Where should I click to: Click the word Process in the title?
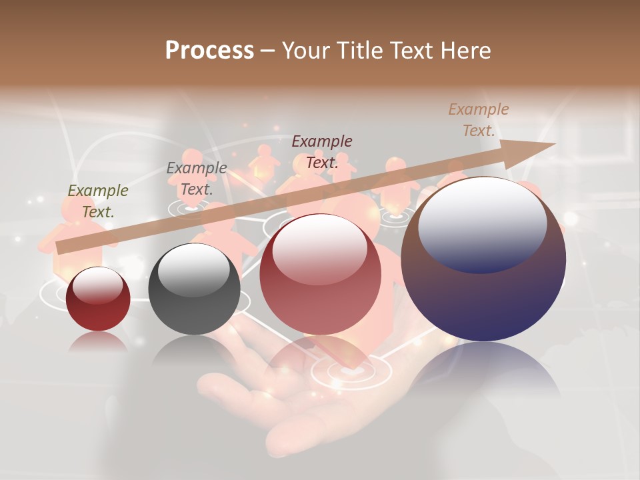209,51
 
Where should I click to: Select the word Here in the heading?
465,51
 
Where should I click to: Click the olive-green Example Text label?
98,201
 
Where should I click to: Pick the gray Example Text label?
197,179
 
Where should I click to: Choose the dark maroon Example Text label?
322,152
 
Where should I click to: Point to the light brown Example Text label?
478,120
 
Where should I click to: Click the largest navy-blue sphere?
483,293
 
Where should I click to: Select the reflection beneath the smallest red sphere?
98,342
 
